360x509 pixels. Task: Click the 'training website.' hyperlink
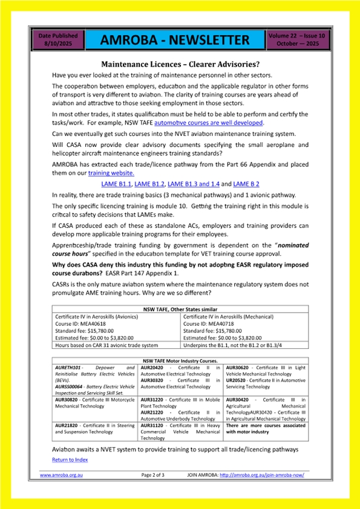point(111,172)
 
